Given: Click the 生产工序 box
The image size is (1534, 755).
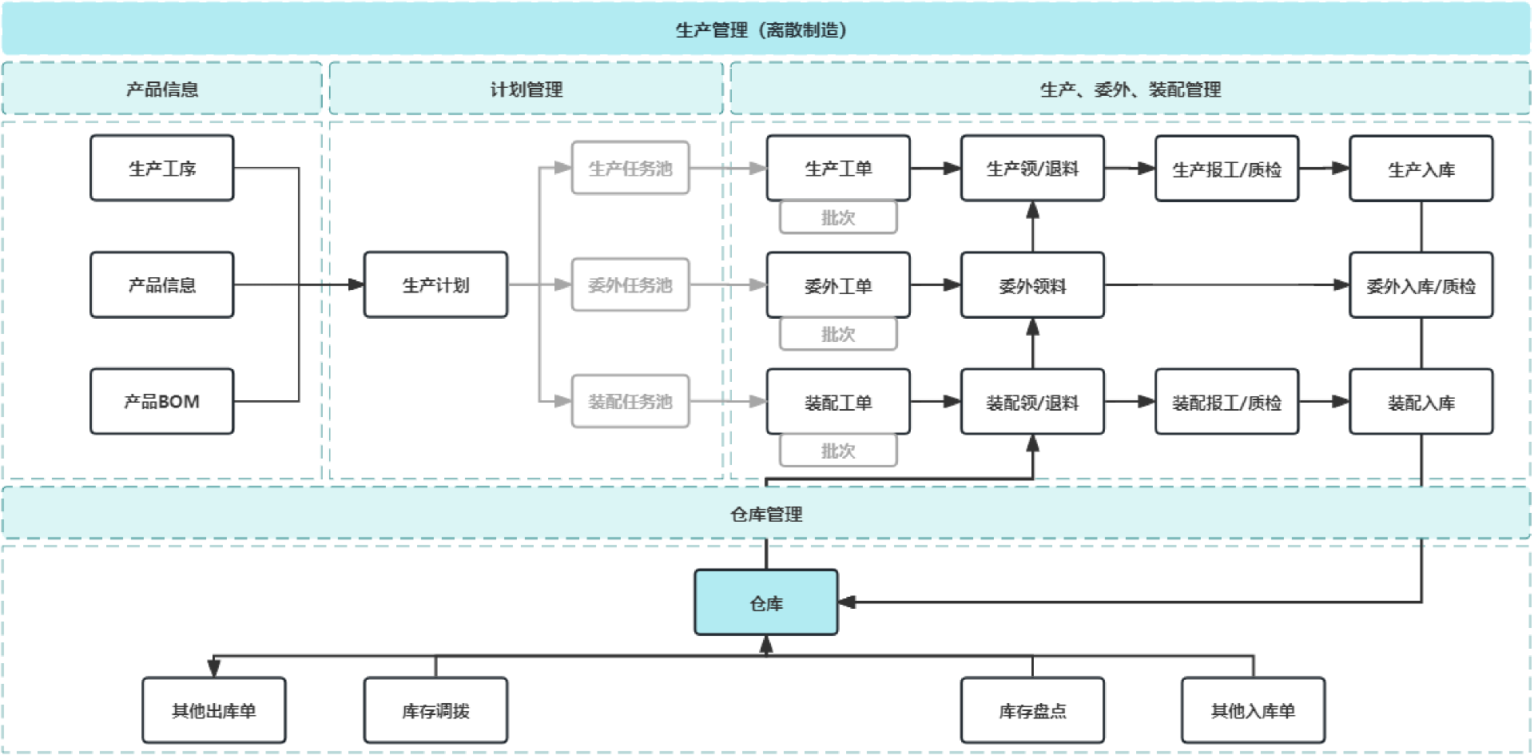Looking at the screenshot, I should (162, 168).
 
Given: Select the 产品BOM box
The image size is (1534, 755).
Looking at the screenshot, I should (162, 401).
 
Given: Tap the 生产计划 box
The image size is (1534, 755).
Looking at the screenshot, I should (435, 284).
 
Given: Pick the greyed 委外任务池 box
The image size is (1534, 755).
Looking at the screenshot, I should (630, 284).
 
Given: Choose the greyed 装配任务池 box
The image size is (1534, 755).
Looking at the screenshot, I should (630, 401).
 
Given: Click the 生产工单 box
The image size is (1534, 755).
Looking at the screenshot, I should (838, 168).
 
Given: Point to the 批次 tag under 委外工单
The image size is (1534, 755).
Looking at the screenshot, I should (838, 334).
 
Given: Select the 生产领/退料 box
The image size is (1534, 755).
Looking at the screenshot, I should (1032, 168).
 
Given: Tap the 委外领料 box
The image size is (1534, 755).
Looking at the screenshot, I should (1032, 285).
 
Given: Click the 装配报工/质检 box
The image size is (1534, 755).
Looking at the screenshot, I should (1226, 402).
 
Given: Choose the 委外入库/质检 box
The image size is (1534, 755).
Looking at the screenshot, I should (1421, 285).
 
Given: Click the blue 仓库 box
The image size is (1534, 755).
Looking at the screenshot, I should (766, 602).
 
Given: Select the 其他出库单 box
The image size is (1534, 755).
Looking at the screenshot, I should (214, 710).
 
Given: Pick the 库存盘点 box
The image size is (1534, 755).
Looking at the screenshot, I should (1032, 710).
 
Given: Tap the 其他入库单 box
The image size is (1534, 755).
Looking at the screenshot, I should (1253, 710).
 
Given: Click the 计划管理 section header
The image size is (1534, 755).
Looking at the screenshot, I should (526, 89).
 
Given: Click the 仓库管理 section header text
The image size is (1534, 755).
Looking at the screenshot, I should (766, 514).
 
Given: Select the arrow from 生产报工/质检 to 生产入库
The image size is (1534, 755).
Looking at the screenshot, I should (1324, 168).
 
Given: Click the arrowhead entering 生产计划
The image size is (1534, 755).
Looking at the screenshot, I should (356, 284).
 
